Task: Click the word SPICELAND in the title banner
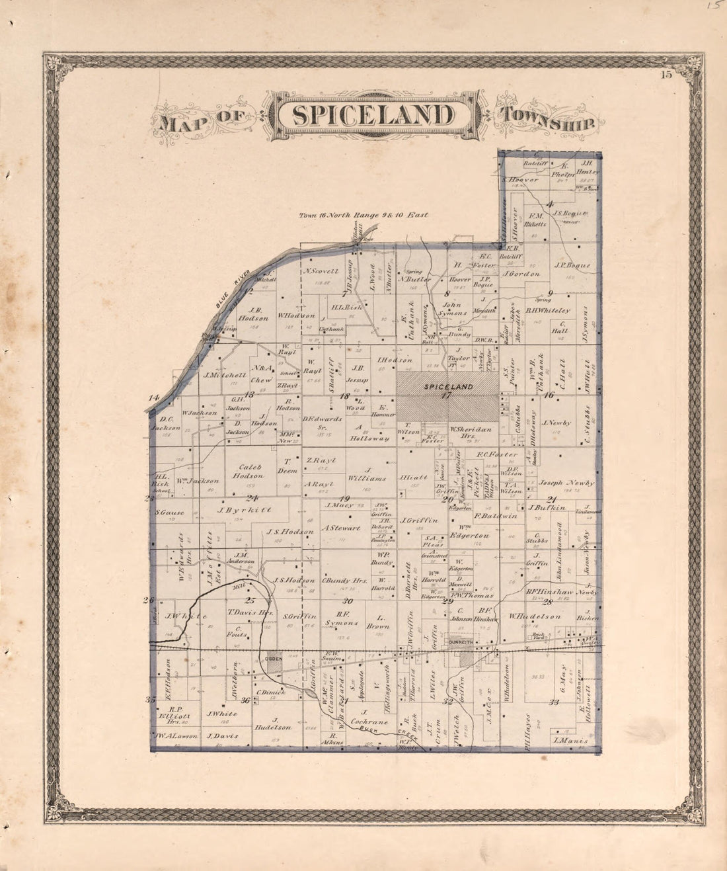[373, 115]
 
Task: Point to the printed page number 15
[665, 75]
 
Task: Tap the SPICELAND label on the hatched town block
[447, 386]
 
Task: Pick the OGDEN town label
[274, 659]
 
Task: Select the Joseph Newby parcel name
[566, 482]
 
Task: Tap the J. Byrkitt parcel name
[237, 510]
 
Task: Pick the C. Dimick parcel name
[271, 692]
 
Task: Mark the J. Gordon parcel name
[521, 273]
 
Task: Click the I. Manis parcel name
[570, 741]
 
